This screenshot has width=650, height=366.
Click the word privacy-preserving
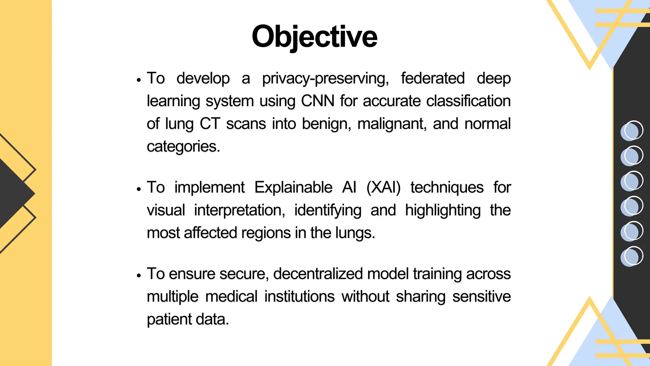click(325, 78)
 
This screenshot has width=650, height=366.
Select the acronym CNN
click(317, 101)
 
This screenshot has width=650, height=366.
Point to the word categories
click(183, 146)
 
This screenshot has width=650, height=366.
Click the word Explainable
click(293, 187)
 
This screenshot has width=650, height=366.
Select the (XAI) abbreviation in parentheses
click(383, 187)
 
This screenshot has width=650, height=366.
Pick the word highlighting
click(443, 210)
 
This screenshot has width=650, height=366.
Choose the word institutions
click(299, 297)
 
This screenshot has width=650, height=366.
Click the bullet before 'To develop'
click(139, 80)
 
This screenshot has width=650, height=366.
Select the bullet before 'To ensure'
click(139, 276)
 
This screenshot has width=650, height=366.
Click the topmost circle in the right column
click(632, 131)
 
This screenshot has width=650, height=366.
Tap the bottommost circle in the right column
click(632, 256)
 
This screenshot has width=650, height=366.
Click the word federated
click(433, 78)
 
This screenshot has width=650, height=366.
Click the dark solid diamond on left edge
click(14, 193)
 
